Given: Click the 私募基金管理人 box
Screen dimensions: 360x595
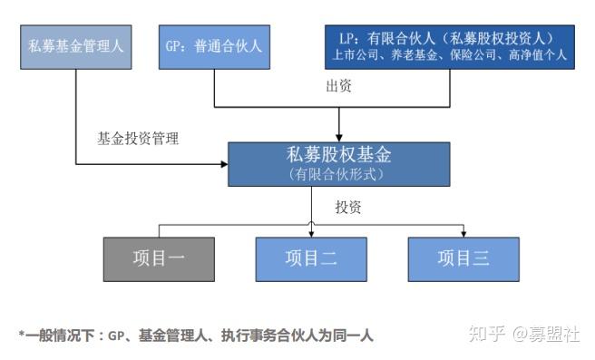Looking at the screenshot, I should (75, 46).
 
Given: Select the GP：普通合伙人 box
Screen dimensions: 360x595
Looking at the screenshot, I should (214, 46).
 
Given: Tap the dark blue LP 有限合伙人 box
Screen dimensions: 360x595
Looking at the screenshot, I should (449, 46).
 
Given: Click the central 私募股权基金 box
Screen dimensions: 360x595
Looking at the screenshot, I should (338, 163).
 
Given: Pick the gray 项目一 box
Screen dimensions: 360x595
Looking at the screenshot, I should (159, 259).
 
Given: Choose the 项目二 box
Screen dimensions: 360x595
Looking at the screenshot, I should (311, 259).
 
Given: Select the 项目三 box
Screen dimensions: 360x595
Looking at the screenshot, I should (463, 259).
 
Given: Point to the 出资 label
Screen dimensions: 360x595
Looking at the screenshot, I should (339, 87).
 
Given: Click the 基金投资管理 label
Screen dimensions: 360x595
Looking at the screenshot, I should (139, 139).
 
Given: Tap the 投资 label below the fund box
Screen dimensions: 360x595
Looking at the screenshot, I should (348, 208).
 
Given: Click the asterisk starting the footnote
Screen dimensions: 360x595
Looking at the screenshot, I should (21, 335).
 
